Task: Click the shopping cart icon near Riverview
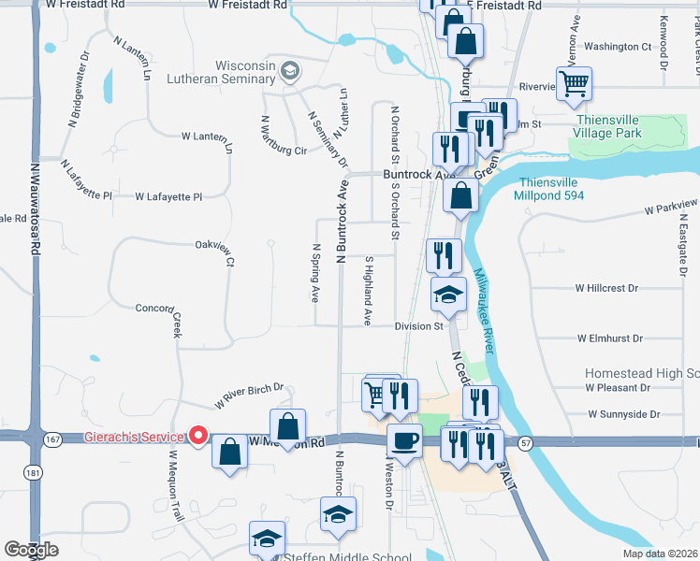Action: (573, 83)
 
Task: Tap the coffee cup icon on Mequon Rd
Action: (404, 440)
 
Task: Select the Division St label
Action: (418, 326)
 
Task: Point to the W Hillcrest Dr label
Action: (606, 289)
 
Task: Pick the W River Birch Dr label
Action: (249, 396)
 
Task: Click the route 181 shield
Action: (35, 474)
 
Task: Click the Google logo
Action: (32, 550)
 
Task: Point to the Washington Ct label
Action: (618, 47)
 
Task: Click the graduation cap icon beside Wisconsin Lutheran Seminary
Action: (290, 69)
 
